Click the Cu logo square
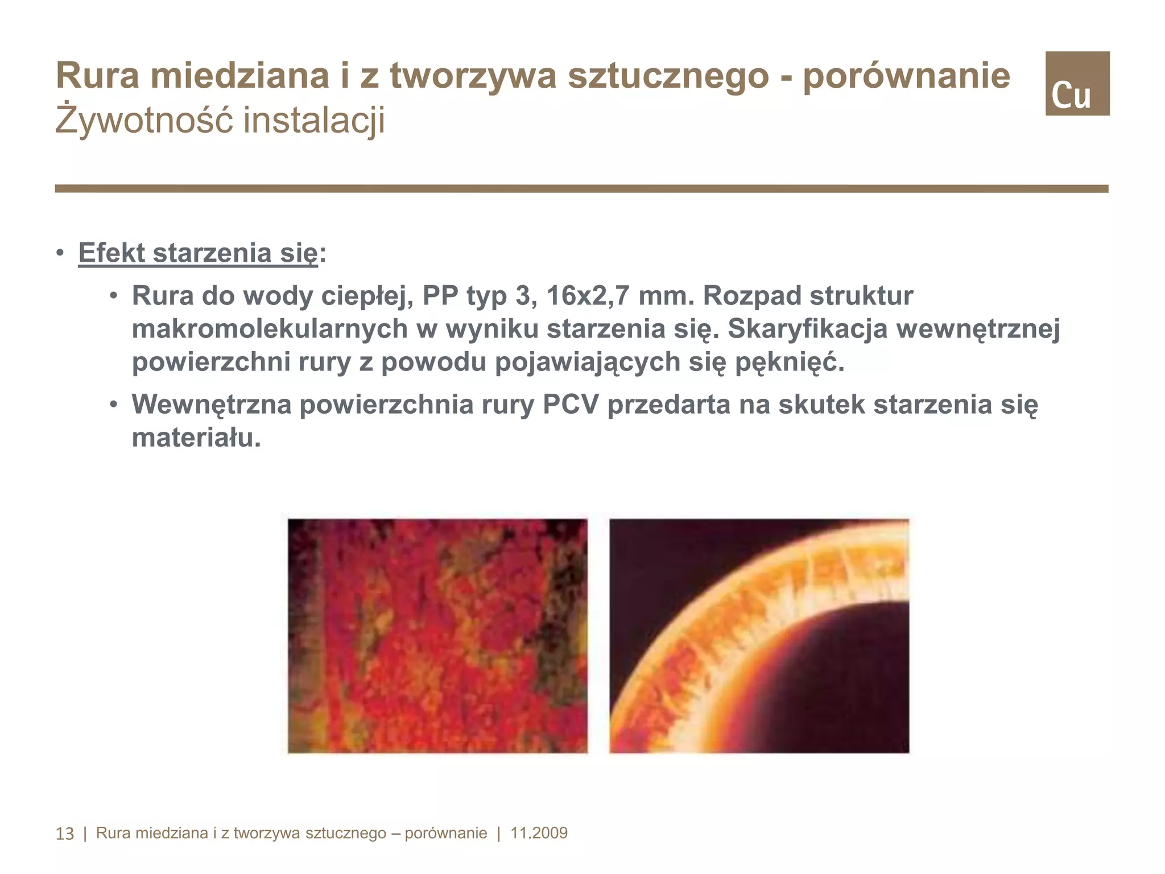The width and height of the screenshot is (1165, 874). [1077, 84]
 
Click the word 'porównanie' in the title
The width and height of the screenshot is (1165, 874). [906, 76]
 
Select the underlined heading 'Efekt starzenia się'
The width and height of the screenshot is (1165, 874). [198, 253]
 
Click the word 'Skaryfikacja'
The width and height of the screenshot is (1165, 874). [807, 329]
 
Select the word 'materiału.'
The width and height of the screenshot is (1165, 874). [196, 438]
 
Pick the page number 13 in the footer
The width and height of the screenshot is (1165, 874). [64, 834]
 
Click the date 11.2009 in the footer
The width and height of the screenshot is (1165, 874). [539, 833]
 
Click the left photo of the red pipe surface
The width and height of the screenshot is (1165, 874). [437, 636]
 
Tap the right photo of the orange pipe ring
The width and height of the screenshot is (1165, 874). [759, 636]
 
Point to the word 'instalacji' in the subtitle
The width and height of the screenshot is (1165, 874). [314, 120]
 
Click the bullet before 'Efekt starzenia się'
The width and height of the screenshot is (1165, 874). [60, 253]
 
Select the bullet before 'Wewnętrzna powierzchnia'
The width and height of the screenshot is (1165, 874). [114, 405]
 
